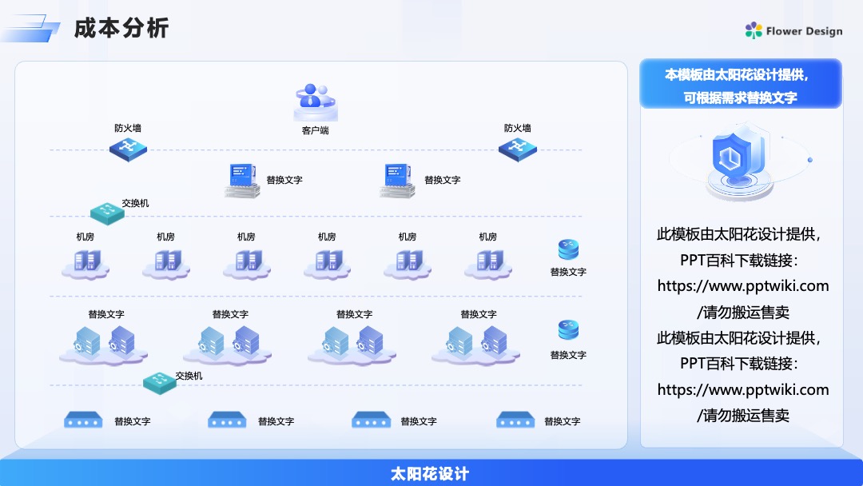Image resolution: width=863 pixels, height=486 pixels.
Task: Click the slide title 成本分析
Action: tap(121, 28)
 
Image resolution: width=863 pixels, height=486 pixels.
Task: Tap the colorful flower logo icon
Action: tap(754, 31)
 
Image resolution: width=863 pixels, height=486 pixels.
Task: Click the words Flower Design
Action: tap(804, 31)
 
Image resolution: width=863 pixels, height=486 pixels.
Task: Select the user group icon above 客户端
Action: tap(316, 102)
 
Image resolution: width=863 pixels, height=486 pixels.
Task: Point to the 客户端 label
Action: tap(316, 130)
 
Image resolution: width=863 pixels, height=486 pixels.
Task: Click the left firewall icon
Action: tap(128, 149)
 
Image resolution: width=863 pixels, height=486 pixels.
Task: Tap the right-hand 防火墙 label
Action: tap(517, 128)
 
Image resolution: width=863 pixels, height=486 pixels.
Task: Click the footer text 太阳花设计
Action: tap(430, 473)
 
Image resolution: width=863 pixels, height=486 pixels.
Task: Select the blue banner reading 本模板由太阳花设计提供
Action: tap(740, 84)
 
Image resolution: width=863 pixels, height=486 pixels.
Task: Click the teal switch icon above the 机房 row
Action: tap(107, 213)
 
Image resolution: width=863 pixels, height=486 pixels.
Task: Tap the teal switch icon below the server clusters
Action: tap(160, 383)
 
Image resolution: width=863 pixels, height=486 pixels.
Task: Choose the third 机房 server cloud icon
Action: tap(247, 265)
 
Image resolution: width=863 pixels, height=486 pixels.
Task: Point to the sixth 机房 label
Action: tap(487, 237)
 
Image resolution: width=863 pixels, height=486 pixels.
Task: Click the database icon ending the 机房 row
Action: tap(569, 249)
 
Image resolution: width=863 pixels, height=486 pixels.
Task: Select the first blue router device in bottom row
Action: tap(83, 420)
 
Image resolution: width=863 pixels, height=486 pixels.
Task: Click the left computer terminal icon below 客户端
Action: tap(243, 180)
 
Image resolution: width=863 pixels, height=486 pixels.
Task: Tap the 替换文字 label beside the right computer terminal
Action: tap(443, 180)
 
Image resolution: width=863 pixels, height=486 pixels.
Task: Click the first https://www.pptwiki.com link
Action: tap(743, 286)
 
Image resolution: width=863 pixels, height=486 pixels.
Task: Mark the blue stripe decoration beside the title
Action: tap(30, 29)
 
